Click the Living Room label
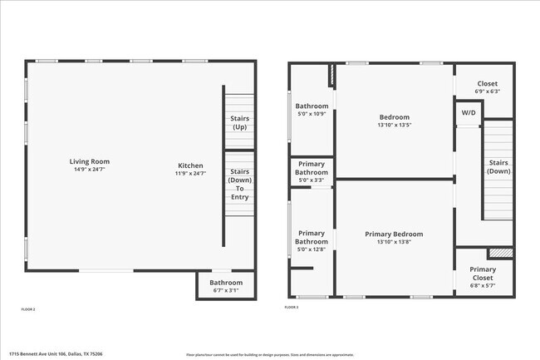(x=89, y=161)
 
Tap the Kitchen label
(x=189, y=165)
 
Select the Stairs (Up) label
(x=238, y=123)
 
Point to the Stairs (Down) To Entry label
(x=239, y=184)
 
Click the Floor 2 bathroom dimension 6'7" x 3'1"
(x=226, y=290)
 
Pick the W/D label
(x=469, y=112)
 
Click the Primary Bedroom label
(x=394, y=234)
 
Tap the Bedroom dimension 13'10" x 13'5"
(x=394, y=125)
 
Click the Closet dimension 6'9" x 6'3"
(x=488, y=91)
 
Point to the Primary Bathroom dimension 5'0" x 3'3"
(x=312, y=180)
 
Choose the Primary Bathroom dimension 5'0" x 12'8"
(x=312, y=249)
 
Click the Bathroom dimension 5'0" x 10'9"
(x=312, y=114)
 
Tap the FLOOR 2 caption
(x=28, y=309)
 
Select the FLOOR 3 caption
(x=292, y=308)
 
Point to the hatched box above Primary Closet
(x=500, y=253)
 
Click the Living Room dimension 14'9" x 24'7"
(x=89, y=170)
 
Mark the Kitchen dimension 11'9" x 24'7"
(x=189, y=173)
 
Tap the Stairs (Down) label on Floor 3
(x=498, y=167)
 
